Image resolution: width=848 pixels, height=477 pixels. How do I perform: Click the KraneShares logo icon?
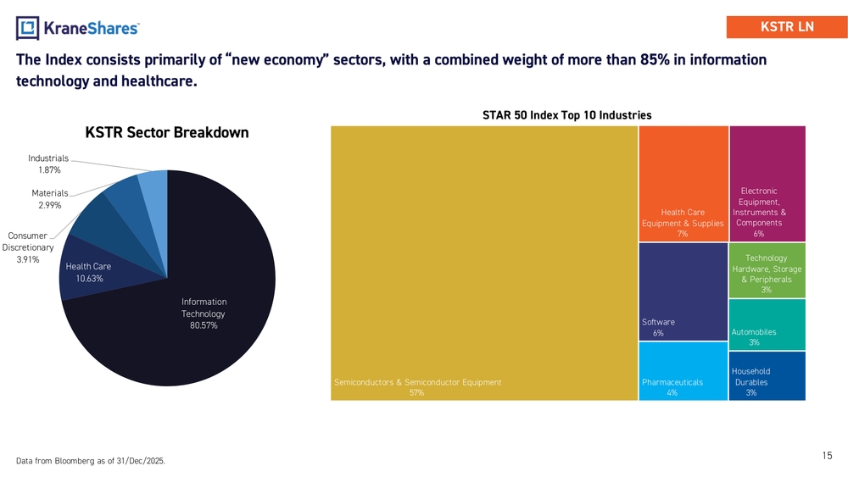(28, 28)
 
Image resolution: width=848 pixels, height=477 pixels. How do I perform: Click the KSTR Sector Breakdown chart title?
(166, 133)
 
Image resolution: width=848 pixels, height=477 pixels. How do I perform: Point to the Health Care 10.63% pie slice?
(88, 272)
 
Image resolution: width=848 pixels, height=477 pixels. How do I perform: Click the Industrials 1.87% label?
(48, 164)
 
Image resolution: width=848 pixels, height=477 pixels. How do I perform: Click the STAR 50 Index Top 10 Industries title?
(566, 115)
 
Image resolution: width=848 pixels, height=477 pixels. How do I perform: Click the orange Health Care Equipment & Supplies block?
(683, 182)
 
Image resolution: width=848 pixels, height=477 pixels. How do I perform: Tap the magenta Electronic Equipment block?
(767, 182)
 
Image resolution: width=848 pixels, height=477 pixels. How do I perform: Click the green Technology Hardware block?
(767, 270)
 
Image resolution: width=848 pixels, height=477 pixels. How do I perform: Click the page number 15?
(827, 456)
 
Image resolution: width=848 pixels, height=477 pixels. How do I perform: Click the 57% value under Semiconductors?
(416, 393)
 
